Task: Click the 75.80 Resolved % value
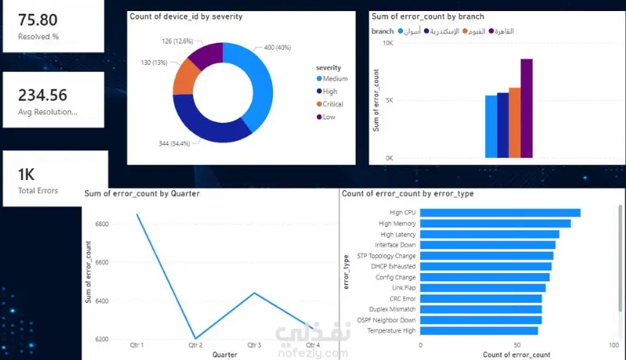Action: click(38, 20)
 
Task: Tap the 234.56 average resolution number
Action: click(43, 95)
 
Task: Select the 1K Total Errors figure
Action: click(27, 175)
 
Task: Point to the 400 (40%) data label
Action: click(278, 48)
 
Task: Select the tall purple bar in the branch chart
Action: click(527, 108)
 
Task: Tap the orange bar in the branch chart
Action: click(515, 123)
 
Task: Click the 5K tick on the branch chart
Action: click(389, 100)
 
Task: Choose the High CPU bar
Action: click(500, 213)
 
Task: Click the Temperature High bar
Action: click(479, 331)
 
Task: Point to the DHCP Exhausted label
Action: click(394, 266)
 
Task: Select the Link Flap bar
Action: click(483, 288)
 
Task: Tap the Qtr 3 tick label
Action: click(254, 345)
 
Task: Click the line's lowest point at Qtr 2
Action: click(195, 338)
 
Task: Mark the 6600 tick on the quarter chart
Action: click(102, 263)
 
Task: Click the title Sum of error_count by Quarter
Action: click(142, 193)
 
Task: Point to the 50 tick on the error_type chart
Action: click(517, 345)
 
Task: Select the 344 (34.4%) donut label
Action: click(174, 144)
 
